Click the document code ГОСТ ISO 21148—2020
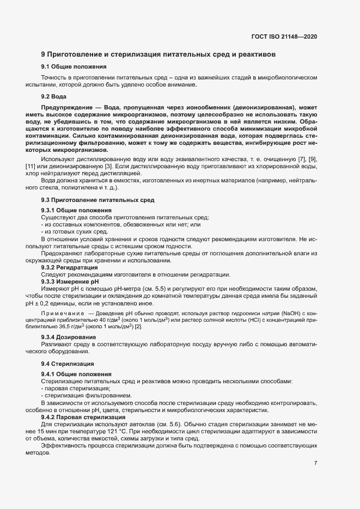(284, 36)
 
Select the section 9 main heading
(158, 54)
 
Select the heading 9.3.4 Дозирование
(69, 338)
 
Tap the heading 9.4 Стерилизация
(68, 363)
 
